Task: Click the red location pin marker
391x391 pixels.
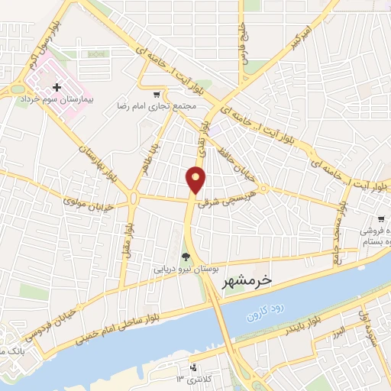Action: [197, 180]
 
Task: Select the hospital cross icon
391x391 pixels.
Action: [57, 88]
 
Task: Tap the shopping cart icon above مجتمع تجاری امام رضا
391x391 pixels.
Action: [157, 95]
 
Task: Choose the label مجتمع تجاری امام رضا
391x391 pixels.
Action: [157, 106]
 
